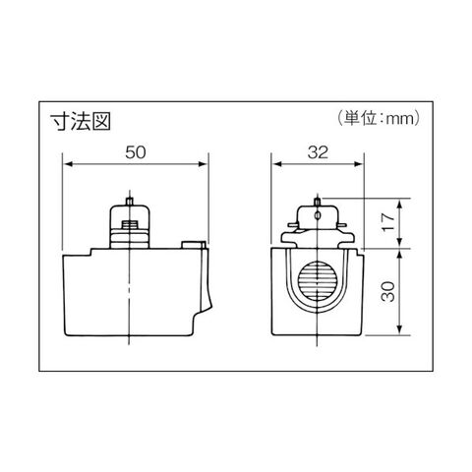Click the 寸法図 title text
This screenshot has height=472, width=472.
[81, 122]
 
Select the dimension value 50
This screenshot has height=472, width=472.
[136, 152]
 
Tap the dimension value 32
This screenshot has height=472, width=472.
[318, 152]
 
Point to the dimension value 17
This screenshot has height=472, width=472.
[388, 222]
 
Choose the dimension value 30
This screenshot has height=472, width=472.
[388, 291]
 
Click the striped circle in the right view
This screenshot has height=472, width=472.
[318, 282]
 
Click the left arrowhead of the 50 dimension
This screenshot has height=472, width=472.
[68, 164]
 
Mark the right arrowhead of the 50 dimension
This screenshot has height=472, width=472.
[204, 164]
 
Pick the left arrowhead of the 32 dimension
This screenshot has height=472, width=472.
[277, 164]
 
